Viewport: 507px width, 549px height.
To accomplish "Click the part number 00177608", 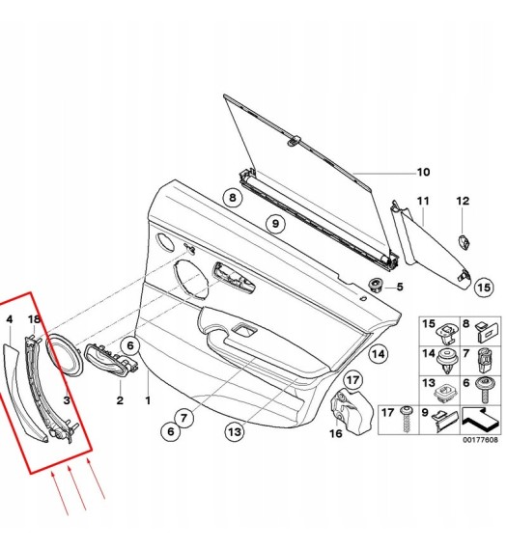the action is (x=480, y=440).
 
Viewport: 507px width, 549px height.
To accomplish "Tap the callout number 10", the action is (x=423, y=173).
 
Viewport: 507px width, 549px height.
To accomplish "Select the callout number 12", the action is (x=463, y=201).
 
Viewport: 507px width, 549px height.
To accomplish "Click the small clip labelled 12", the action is (x=464, y=242).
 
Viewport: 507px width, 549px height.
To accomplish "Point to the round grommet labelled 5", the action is (x=377, y=286).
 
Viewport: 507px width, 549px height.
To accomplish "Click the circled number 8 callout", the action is (x=233, y=198).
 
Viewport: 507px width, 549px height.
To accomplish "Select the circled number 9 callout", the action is (x=275, y=224).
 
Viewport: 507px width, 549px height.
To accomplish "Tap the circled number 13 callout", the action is (x=234, y=431).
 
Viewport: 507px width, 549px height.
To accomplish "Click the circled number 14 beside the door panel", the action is (x=378, y=354).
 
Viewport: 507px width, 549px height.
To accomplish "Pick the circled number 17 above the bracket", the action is (x=352, y=380).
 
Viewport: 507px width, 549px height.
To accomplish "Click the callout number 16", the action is (x=336, y=433).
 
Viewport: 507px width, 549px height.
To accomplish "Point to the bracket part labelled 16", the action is (x=352, y=410).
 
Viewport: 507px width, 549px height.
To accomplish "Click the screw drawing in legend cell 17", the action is (x=407, y=419).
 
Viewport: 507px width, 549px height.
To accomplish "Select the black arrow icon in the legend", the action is (x=480, y=419).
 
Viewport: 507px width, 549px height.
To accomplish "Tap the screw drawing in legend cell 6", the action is (x=486, y=391).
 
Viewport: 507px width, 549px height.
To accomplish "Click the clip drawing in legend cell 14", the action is (x=447, y=361).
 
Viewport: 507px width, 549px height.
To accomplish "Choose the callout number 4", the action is (x=10, y=319).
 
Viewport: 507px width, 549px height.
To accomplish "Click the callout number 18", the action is (x=35, y=319).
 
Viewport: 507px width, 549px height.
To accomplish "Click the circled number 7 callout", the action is (x=183, y=418).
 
